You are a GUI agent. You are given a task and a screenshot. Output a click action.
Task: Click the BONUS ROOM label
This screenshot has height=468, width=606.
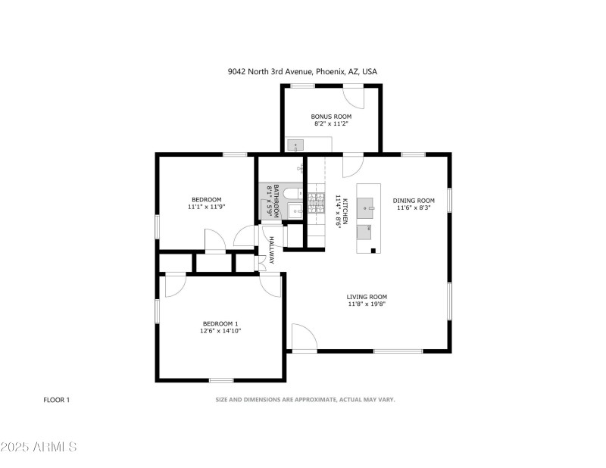click(x=331, y=117)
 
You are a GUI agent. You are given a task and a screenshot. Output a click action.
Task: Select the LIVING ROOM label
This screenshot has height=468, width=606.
click(x=367, y=297)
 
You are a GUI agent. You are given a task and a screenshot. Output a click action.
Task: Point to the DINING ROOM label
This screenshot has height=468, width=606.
click(x=414, y=200)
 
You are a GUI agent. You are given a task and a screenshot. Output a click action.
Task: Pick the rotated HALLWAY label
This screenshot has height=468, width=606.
click(x=271, y=250)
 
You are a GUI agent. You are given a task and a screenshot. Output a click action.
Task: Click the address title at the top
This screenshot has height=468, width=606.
click(x=302, y=71)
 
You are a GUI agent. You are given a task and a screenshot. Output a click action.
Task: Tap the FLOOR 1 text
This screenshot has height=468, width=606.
click(x=56, y=400)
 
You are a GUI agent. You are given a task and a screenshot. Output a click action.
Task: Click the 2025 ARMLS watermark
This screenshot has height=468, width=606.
click(x=39, y=447)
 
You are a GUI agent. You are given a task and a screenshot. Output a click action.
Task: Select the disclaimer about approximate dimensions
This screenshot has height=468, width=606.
click(x=305, y=400)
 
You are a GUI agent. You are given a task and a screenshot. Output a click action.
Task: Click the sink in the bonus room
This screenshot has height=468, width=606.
click(x=295, y=145)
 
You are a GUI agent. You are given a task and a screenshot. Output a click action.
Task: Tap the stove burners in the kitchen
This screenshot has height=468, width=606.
click(x=316, y=203)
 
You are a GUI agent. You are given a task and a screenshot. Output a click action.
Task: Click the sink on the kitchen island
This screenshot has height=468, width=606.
click(x=365, y=207)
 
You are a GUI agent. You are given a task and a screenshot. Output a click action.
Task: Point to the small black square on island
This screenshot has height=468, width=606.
click(x=373, y=251)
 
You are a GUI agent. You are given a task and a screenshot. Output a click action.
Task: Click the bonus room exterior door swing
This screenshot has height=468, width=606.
click(x=354, y=98)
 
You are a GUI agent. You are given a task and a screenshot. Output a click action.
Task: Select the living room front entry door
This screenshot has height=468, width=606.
click(x=305, y=338)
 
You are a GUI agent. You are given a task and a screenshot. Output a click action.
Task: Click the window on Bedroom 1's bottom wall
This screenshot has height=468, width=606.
click(x=221, y=380)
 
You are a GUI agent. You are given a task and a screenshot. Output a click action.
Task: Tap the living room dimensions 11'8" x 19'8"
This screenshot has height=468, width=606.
click(x=367, y=304)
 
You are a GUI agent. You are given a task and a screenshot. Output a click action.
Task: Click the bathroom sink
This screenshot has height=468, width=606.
click(x=296, y=211)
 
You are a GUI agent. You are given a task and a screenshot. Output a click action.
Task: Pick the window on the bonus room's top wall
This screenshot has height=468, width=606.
click(x=302, y=86)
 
